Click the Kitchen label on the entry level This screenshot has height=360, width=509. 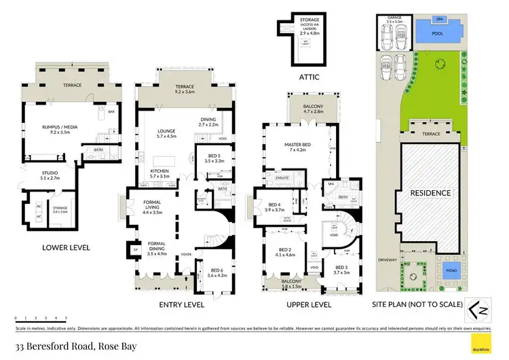(x=159, y=170)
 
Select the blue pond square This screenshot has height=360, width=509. (x=449, y=272)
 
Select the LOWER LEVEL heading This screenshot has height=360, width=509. (x=65, y=248)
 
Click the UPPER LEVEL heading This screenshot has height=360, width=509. (x=308, y=304)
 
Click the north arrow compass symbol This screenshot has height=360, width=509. (x=479, y=312)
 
